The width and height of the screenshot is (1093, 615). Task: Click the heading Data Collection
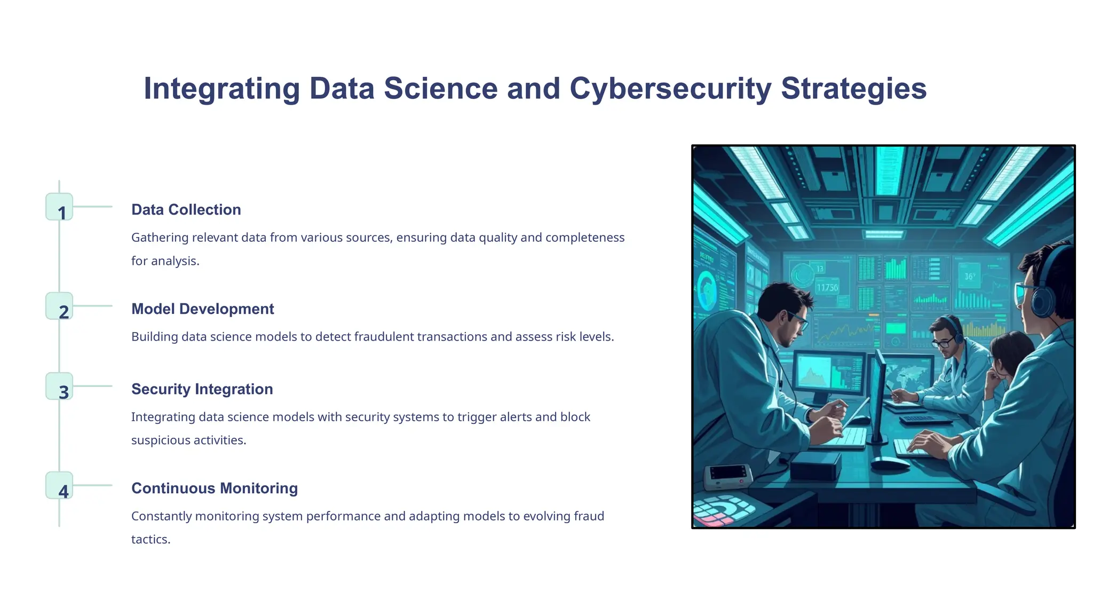186,210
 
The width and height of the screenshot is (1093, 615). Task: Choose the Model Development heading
202,309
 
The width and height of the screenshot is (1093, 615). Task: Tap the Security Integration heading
202,389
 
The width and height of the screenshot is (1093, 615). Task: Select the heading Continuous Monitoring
214,488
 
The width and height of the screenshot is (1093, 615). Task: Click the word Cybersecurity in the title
670,89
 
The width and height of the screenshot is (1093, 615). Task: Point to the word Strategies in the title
853,89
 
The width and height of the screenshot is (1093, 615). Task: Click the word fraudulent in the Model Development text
384,337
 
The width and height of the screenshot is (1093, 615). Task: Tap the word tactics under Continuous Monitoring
151,540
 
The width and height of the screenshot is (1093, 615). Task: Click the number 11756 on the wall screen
827,288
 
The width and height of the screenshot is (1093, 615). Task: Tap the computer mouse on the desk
890,463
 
